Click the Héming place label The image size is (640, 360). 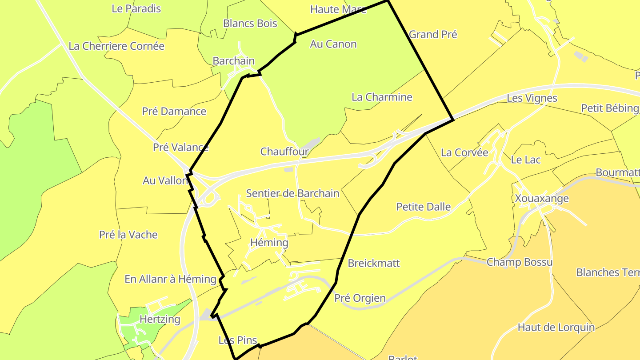click(269, 243)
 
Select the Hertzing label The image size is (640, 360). click(160, 319)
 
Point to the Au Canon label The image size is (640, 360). click(333, 44)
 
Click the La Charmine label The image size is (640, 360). click(382, 97)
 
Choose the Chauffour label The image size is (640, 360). click(284, 152)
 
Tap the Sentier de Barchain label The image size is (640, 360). click(292, 193)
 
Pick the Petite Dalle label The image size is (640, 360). click(424, 207)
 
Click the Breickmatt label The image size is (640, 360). click(374, 263)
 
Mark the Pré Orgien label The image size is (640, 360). click(360, 298)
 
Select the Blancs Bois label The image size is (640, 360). click(250, 24)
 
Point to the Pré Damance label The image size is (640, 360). click(174, 111)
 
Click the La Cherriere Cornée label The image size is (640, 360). click(116, 46)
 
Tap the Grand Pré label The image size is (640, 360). click(433, 34)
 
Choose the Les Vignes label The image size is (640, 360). click(532, 98)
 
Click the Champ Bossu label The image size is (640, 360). click(520, 262)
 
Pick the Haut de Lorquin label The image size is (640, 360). click(556, 328)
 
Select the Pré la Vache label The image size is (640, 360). click(128, 235)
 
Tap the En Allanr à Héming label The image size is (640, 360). click(170, 279)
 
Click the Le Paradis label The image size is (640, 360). click(136, 8)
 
